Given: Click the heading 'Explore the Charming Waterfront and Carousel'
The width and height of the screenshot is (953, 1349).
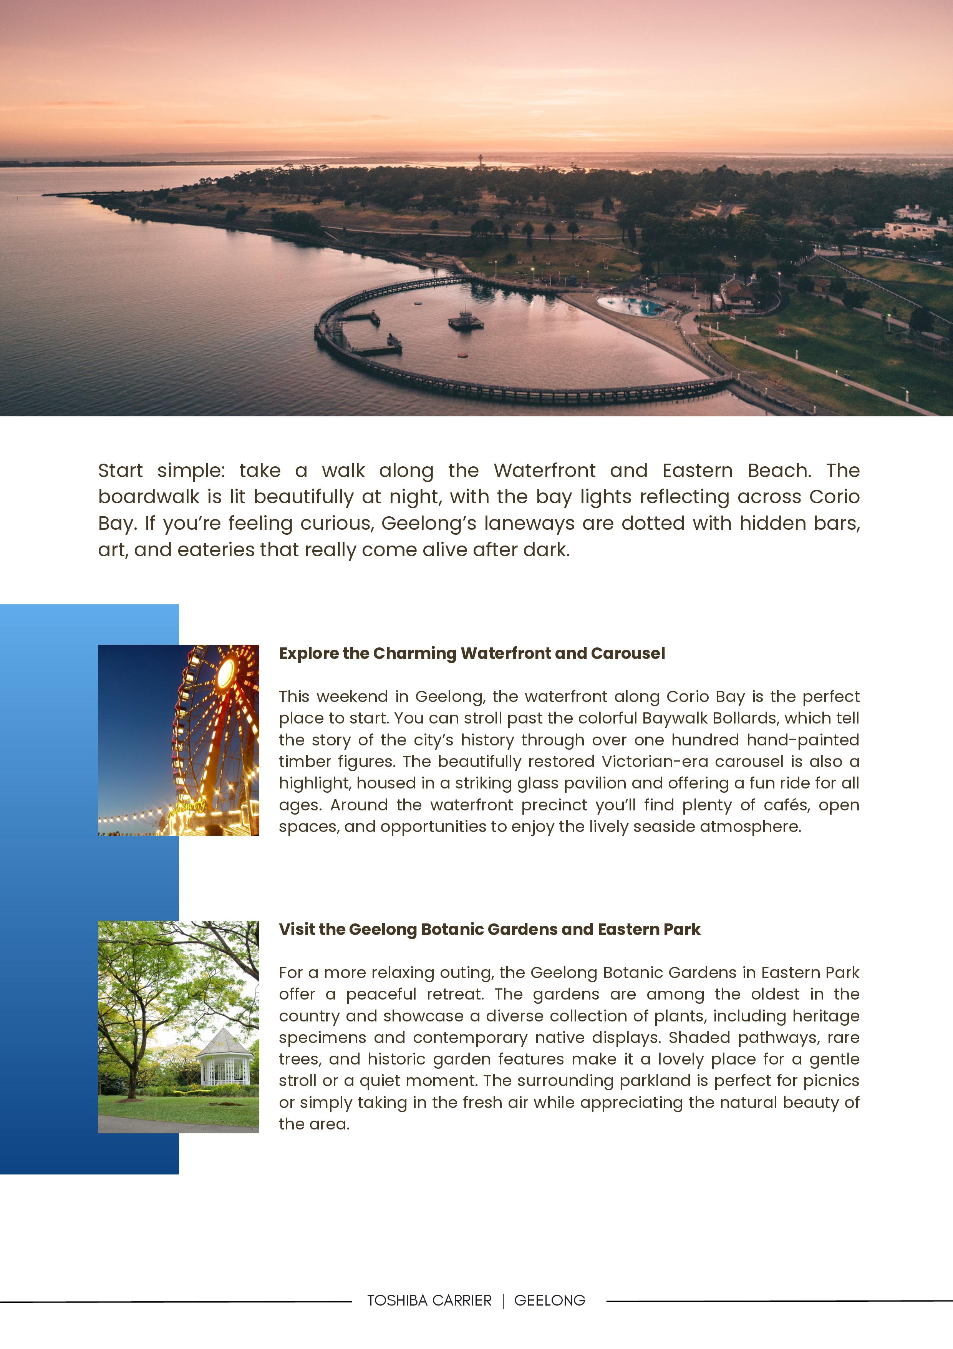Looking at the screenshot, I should (472, 653).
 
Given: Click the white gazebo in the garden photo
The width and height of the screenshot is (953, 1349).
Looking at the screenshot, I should (225, 1058).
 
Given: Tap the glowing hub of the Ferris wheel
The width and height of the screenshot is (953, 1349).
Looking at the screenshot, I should (225, 674).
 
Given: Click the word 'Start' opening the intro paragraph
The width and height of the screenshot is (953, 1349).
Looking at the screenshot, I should (120, 471).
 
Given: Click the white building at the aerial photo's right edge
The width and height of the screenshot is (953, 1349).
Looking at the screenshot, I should (916, 226).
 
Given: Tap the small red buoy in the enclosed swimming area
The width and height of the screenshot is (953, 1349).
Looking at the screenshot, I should (463, 355).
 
